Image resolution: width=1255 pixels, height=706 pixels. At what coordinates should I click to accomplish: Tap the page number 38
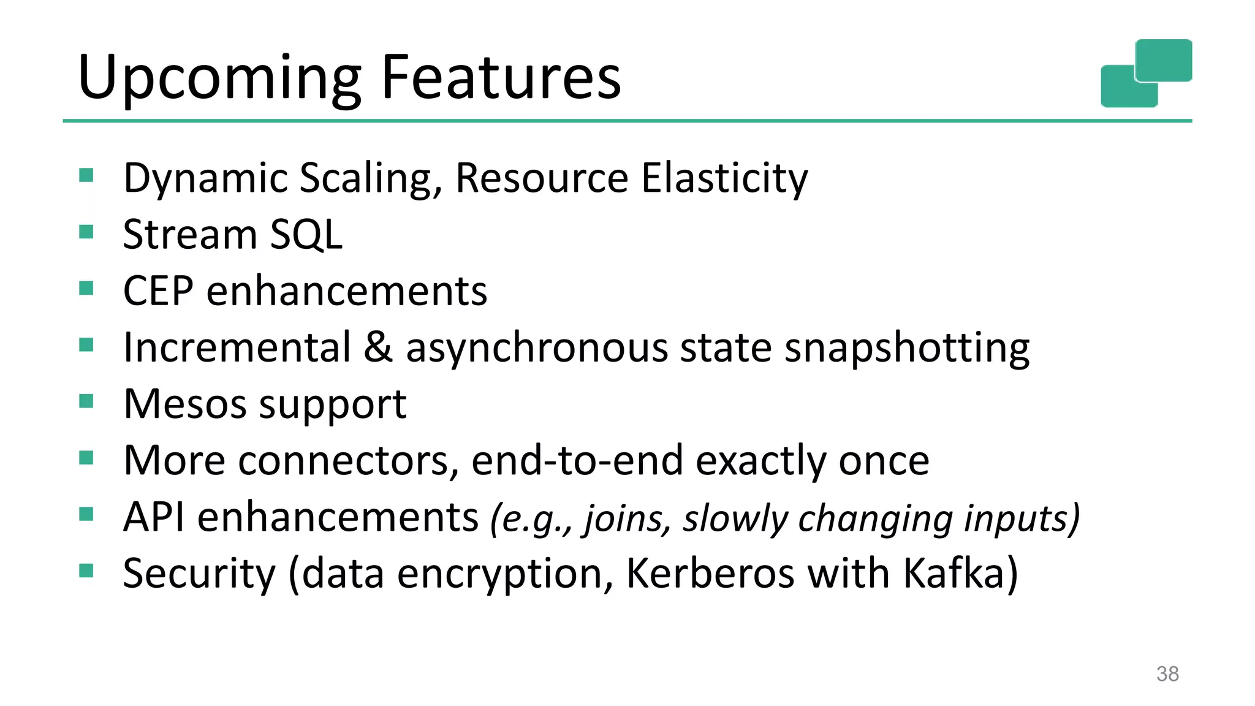(x=1167, y=674)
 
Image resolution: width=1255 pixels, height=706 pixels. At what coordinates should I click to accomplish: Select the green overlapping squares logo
(x=1146, y=73)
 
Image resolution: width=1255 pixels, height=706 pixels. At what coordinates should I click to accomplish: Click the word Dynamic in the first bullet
(x=205, y=178)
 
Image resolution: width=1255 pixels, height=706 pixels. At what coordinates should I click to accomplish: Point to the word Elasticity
(x=724, y=178)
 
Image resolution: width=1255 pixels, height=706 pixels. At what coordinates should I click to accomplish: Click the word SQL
(x=306, y=235)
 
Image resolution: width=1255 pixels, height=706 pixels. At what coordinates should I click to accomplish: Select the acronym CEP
(x=158, y=291)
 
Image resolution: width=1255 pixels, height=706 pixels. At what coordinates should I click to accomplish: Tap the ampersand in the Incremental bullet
(x=377, y=347)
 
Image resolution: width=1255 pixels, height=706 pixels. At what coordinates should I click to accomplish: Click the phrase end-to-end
(x=577, y=461)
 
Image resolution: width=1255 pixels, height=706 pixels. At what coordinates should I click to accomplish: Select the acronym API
(x=153, y=517)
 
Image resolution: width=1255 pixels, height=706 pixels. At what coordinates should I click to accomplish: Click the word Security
(x=199, y=574)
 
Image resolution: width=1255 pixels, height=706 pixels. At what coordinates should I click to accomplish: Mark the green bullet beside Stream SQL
(x=86, y=232)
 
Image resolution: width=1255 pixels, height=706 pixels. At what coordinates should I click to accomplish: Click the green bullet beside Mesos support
(x=86, y=402)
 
